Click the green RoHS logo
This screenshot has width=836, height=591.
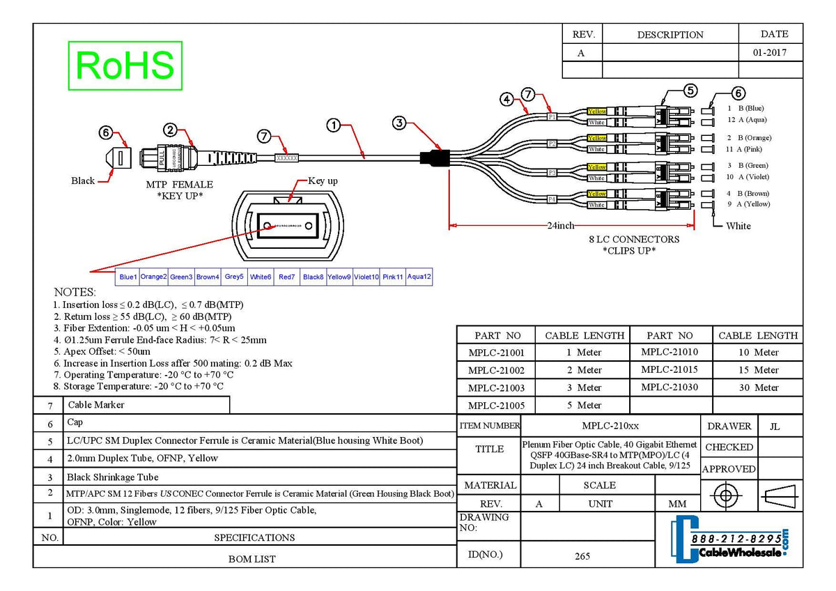(125, 66)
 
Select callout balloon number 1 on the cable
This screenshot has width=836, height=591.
(334, 125)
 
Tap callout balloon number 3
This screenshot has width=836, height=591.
(399, 123)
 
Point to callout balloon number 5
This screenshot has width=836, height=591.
(690, 90)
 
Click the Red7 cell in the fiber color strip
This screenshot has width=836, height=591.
(287, 277)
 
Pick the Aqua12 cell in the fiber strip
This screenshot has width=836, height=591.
(419, 277)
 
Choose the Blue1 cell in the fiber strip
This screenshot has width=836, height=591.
(128, 277)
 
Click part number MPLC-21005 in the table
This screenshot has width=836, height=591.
(496, 405)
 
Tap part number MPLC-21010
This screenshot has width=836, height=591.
(669, 352)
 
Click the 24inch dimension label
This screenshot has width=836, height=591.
(560, 225)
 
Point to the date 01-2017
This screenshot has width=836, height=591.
(770, 52)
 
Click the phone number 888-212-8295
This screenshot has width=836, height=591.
(736, 539)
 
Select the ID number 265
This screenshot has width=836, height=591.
(582, 555)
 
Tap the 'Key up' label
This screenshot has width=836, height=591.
(323, 181)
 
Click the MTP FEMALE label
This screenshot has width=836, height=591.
(179, 185)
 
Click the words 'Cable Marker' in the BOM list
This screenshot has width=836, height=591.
(95, 405)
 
